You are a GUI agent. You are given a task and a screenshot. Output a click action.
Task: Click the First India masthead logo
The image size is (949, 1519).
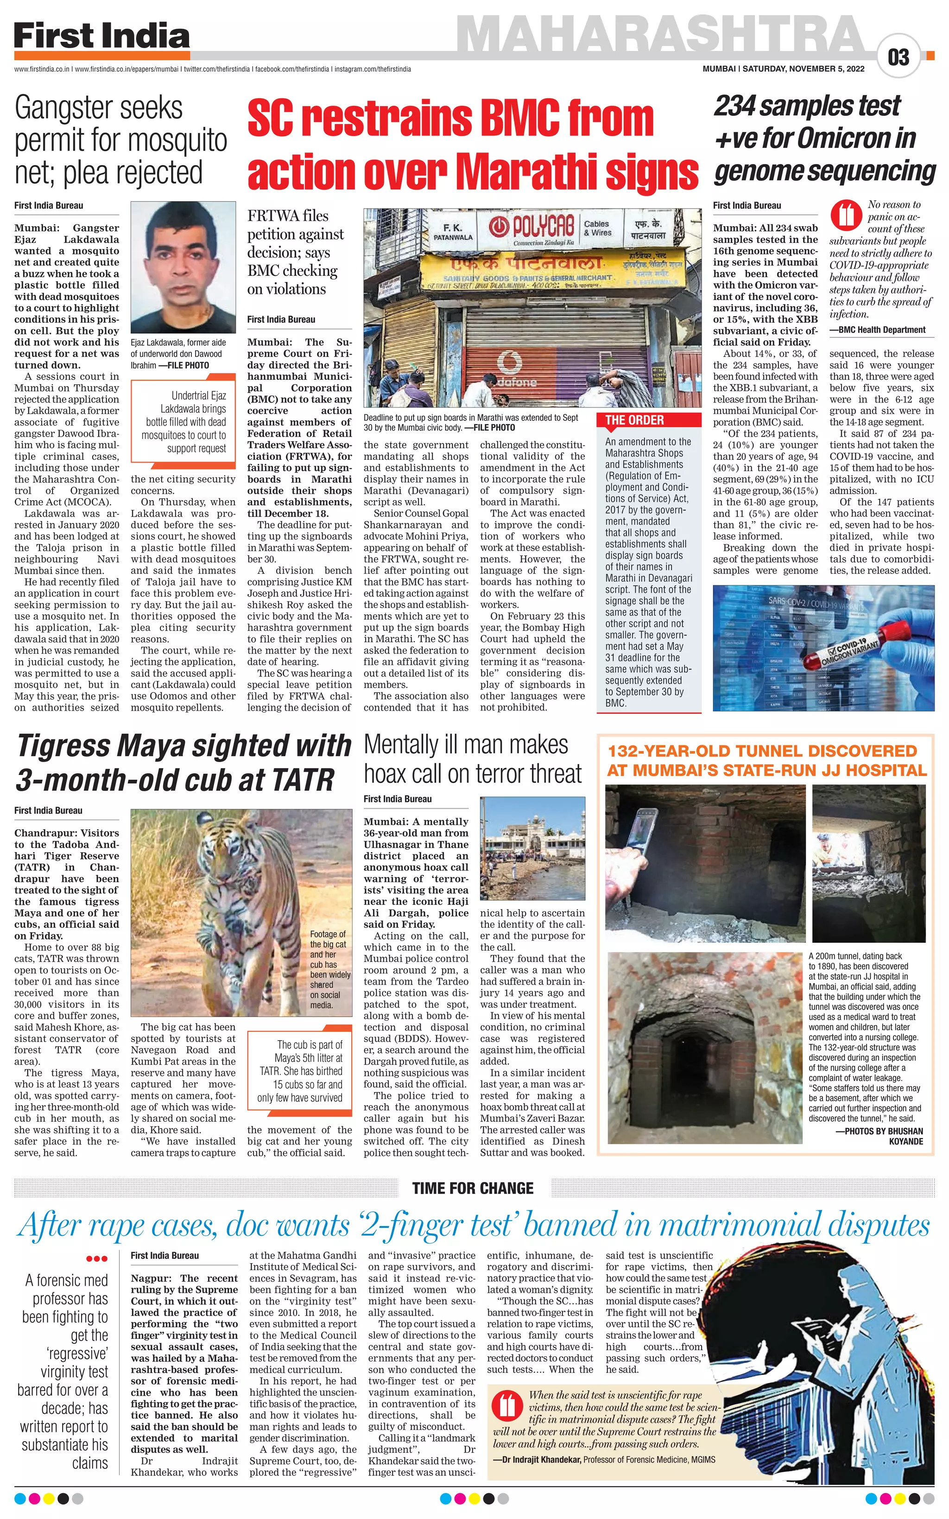101,37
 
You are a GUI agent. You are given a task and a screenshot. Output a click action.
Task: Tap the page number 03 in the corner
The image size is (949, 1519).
898,58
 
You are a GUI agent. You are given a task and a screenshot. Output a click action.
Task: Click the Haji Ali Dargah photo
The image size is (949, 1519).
532,850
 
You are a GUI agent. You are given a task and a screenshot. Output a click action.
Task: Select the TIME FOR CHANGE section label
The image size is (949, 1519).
473,1188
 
